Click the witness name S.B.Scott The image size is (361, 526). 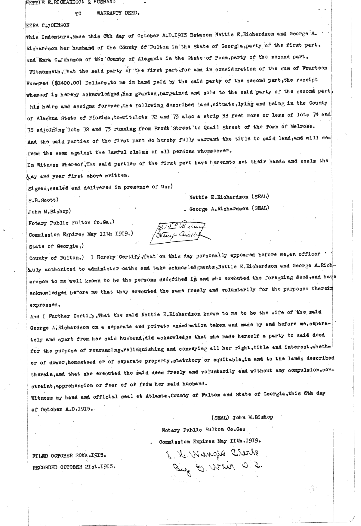[43, 200]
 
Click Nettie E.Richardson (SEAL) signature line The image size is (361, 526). [229, 197]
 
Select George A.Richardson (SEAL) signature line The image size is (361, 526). [229, 208]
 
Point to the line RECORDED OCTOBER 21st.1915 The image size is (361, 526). [74, 467]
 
